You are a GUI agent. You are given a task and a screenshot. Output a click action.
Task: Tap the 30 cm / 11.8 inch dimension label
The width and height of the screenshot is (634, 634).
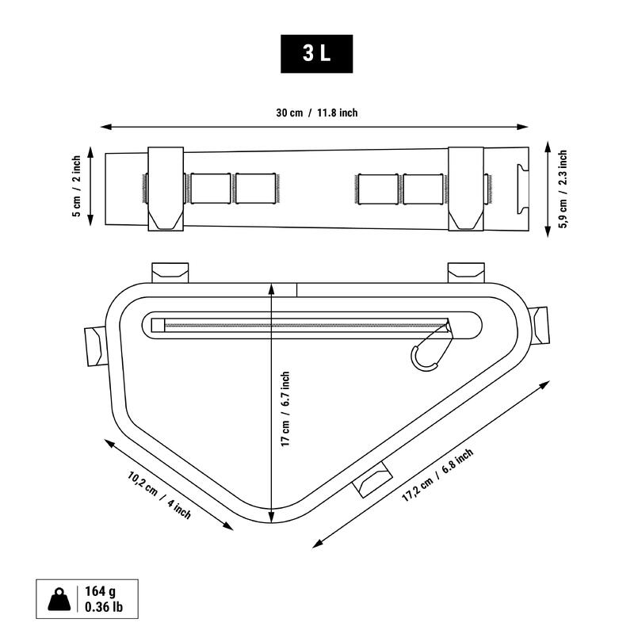(317, 113)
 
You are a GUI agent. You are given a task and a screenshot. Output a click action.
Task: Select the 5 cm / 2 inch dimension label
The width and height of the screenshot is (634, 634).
(76, 186)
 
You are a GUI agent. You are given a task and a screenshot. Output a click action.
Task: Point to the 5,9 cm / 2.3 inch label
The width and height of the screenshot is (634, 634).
(563, 189)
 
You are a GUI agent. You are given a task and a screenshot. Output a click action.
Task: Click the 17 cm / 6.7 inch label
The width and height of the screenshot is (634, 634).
(285, 410)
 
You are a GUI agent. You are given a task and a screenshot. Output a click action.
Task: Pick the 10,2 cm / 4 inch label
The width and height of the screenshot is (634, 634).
(159, 495)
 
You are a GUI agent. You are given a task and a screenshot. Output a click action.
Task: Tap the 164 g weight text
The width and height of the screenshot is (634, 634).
(100, 592)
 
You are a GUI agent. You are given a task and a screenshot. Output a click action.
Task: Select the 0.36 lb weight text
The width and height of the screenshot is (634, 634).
(102, 608)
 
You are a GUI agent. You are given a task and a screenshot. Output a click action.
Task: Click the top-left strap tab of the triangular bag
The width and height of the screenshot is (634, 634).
(170, 272)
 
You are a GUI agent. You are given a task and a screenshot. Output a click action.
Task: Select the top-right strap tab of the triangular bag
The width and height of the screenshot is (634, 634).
(464, 272)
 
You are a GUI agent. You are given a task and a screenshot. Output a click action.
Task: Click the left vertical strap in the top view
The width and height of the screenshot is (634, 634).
(166, 189)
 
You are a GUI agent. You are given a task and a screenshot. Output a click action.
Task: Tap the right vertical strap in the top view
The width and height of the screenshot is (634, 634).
(466, 189)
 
